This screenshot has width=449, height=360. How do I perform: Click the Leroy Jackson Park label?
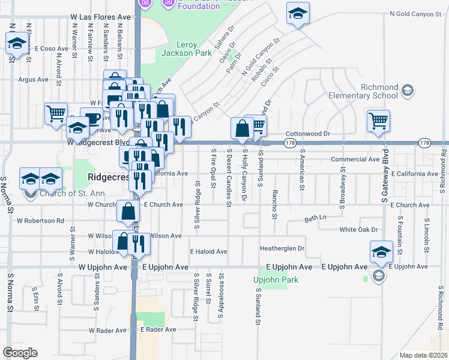(186, 49)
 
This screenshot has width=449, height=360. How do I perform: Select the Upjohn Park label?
(276, 280)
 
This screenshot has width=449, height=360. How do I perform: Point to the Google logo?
(20, 353)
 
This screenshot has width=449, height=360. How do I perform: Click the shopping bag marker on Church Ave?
(128, 211)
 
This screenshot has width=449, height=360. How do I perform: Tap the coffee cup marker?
(91, 118)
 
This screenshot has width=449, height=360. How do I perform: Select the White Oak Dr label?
(358, 229)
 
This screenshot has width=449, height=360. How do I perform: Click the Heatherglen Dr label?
(282, 248)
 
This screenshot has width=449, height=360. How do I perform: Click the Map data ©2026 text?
(424, 355)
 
